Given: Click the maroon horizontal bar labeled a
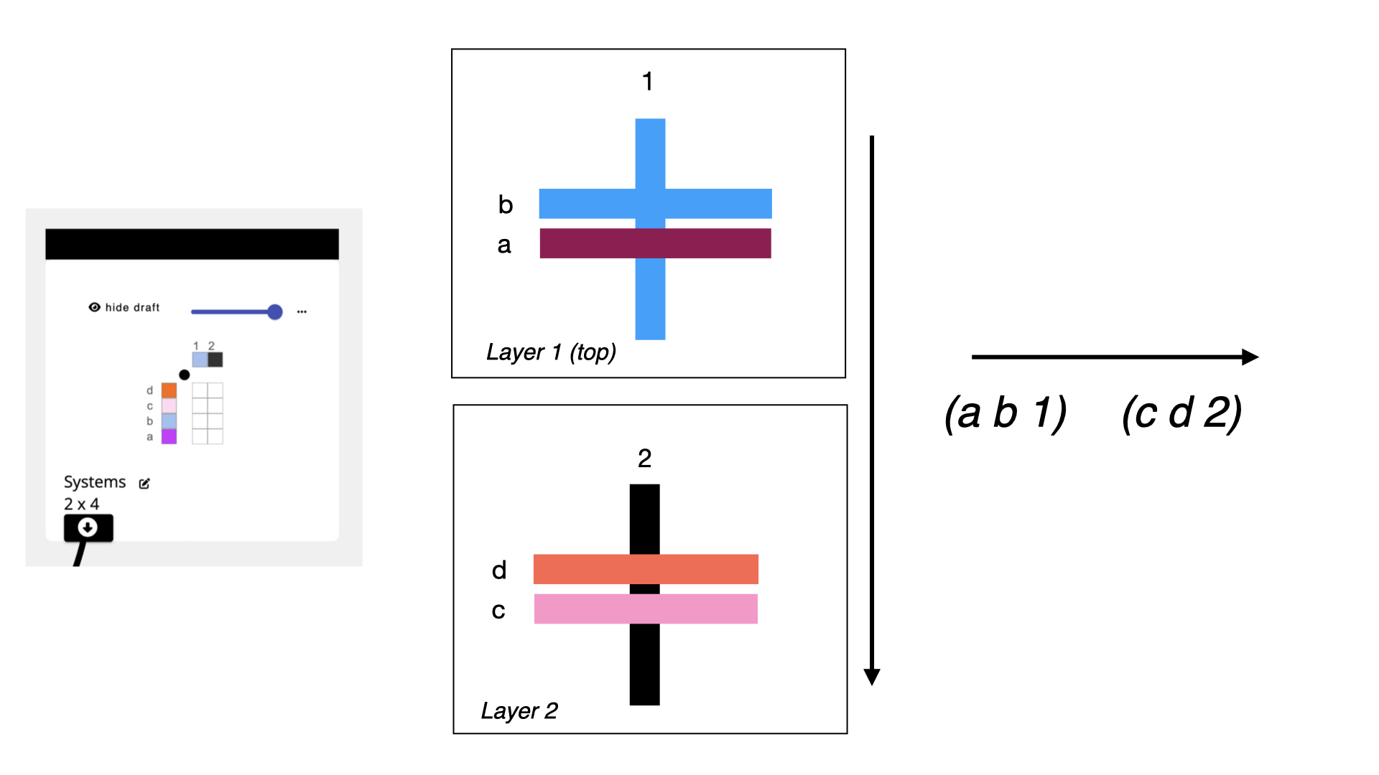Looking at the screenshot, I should click(655, 243).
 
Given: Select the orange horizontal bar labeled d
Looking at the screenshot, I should click(646, 569).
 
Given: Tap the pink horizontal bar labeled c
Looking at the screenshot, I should click(646, 609).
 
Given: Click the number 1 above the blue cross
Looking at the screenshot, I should click(647, 82).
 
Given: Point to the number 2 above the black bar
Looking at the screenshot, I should click(644, 459).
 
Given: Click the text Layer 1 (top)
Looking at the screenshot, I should click(551, 352).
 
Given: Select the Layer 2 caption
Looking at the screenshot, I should click(519, 711).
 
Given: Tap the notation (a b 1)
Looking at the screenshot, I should click(1006, 413).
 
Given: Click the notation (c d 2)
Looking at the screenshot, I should click(1181, 413).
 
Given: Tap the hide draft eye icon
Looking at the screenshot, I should click(94, 307).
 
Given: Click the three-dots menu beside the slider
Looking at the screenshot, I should click(302, 311).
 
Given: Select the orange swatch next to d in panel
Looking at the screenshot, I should click(169, 390).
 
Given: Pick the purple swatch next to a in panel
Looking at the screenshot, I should click(169, 436).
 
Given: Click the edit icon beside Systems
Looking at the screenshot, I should click(144, 484).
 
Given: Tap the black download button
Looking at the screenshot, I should click(88, 528).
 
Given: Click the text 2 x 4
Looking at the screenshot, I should click(81, 504).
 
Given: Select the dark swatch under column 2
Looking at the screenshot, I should click(215, 360).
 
